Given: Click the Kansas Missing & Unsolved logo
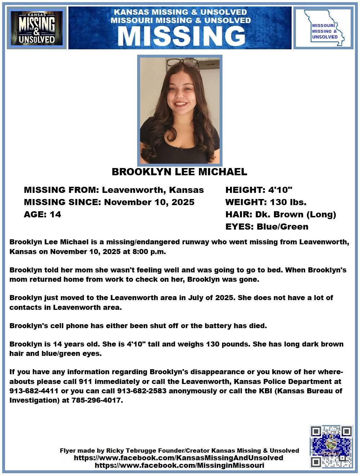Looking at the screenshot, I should click(x=37, y=28).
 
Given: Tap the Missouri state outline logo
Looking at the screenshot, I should click(x=323, y=28).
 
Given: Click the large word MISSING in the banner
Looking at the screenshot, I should click(x=181, y=36).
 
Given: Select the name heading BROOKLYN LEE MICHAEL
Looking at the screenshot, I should click(x=179, y=172).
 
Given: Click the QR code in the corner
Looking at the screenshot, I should click(x=331, y=446).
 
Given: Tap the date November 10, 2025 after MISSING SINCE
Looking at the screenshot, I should click(x=149, y=202).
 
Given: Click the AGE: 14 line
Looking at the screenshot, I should click(x=42, y=214).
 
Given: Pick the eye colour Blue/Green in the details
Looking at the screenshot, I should click(x=283, y=227).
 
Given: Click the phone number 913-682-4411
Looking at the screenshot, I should click(x=30, y=390).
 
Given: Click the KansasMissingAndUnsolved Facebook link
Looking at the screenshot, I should click(x=178, y=458).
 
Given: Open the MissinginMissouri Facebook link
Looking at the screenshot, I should click(x=179, y=465).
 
